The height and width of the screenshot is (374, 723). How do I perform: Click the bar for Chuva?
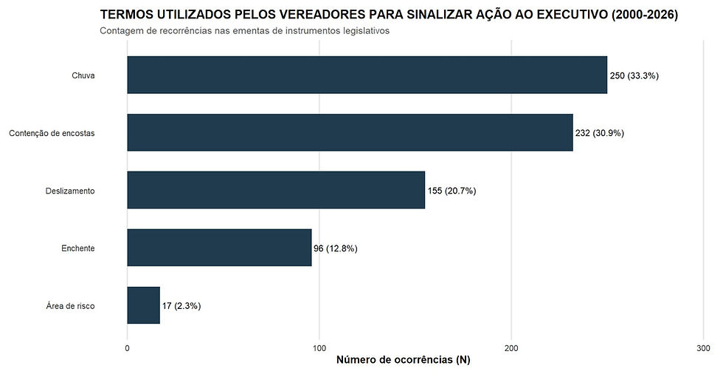click(367, 75)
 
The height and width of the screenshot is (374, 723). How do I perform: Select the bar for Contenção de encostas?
click(350, 132)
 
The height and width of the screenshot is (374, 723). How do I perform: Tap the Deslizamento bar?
click(276, 190)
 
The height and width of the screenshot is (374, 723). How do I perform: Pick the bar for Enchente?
click(219, 248)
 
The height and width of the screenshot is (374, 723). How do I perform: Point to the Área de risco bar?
click(143, 305)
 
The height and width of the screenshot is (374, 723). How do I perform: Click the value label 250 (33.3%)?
click(634, 75)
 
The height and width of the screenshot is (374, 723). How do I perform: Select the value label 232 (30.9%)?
click(600, 133)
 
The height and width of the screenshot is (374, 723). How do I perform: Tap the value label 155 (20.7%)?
click(452, 191)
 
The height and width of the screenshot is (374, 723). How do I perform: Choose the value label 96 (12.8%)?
click(335, 248)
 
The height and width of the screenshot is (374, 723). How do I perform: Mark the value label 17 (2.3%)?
click(181, 306)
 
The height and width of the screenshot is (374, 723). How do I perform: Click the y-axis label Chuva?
click(83, 75)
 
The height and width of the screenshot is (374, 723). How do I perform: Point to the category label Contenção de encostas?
click(52, 133)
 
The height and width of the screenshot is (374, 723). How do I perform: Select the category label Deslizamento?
click(70, 191)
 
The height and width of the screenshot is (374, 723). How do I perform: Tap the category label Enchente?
click(77, 248)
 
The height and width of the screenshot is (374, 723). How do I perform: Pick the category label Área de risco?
click(70, 306)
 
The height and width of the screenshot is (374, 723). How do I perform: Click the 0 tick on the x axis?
click(128, 347)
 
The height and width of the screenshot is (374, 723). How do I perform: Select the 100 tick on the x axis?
click(319, 347)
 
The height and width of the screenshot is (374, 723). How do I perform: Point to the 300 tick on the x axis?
click(702, 347)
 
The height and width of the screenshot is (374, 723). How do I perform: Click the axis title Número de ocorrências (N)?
click(403, 361)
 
